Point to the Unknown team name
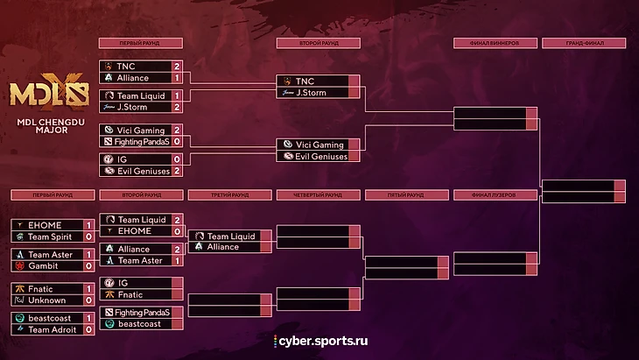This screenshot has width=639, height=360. pos(46,300)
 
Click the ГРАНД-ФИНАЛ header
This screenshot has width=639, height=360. pos(584,43)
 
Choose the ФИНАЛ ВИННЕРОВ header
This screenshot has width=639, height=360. pos(495,43)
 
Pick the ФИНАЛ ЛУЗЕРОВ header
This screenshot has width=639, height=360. pos(495,194)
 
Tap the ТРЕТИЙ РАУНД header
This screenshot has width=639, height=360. pos(229,194)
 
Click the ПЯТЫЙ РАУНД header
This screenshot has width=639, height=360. pos(406,194)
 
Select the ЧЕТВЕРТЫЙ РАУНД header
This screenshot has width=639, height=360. pos(318,194)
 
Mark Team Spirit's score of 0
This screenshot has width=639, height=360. pos(88,236)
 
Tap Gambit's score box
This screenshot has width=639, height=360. pos(88,265)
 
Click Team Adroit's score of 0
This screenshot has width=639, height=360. pos(88,329)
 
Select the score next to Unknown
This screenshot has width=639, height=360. pos(88,300)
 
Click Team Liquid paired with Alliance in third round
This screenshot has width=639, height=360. pos(230,236)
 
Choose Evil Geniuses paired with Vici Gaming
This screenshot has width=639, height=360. pos(321,156)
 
